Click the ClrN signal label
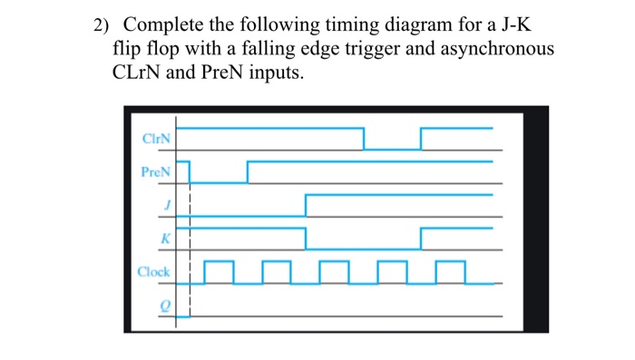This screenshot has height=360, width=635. click(156, 139)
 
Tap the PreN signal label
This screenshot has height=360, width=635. click(155, 171)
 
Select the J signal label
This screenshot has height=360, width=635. click(167, 205)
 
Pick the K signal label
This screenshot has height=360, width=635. click(166, 238)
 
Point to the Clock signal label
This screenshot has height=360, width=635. click(153, 271)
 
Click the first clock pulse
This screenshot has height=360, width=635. click(219, 271)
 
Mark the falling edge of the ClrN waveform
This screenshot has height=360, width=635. click(364, 139)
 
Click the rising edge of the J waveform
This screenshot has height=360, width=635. click(306, 205)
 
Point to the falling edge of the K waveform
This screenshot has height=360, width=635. click(306, 238)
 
